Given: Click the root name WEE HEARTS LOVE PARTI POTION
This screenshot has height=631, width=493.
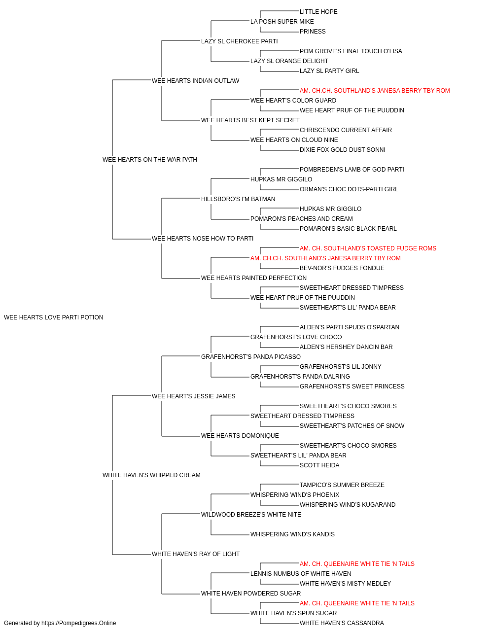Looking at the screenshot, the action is tap(53, 317).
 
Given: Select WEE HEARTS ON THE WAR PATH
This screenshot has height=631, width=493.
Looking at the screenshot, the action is tap(149, 159).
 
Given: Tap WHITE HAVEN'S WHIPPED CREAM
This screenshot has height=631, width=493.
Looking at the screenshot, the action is tap(151, 475).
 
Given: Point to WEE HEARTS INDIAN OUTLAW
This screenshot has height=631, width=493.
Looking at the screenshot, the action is tap(195, 80).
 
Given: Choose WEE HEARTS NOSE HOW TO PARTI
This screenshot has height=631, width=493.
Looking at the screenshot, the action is tap(202, 239).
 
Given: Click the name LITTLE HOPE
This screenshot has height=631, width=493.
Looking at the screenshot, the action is tap(318, 12).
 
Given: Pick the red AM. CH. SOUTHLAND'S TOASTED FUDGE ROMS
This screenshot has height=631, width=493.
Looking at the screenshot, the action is tap(368, 248).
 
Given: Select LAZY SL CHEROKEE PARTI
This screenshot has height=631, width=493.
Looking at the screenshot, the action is tap(239, 41).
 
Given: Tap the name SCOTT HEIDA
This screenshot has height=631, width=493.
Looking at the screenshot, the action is tap(319, 465).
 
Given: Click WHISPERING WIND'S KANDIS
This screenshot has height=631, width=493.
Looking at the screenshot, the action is tap(292, 534).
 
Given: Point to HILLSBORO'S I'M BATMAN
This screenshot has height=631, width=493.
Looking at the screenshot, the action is tap(238, 199).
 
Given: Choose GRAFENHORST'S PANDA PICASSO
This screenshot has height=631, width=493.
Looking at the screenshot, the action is tap(251, 356).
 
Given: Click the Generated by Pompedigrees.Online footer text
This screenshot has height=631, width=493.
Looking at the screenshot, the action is tap(60, 623).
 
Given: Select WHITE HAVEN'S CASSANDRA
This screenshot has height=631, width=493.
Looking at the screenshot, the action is tap(342, 623).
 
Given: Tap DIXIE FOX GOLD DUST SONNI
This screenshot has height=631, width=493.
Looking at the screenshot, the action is tap(343, 149).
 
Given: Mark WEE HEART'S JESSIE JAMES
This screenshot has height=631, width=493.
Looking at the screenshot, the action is tap(193, 396).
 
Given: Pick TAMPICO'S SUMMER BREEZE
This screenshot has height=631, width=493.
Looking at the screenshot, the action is tap(342, 485).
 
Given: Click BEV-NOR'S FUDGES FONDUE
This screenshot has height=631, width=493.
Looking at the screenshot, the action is tap(342, 268).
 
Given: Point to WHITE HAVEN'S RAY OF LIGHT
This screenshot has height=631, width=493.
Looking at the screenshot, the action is tap(196, 554).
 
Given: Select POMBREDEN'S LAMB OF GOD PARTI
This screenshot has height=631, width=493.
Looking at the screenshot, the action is tap(352, 169).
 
